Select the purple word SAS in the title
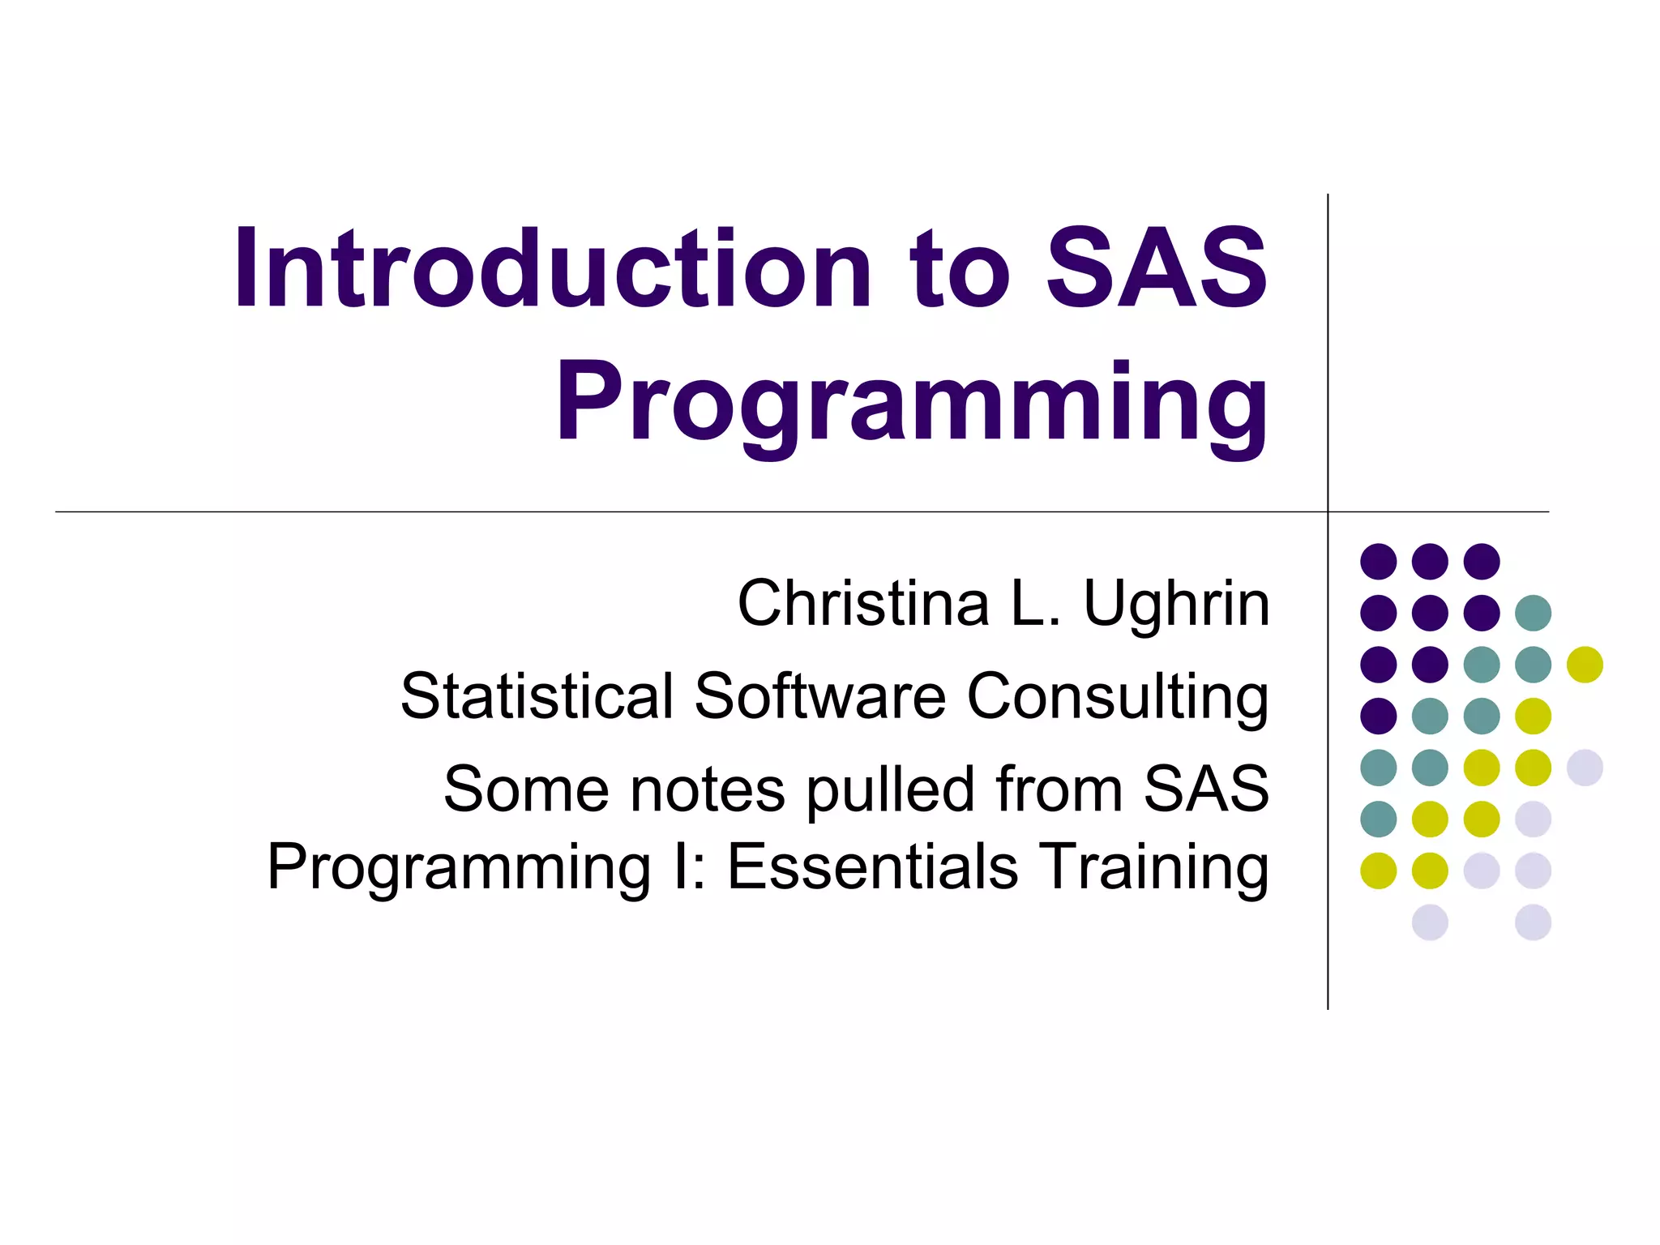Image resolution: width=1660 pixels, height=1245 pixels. (1157, 269)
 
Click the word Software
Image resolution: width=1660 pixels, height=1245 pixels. (819, 695)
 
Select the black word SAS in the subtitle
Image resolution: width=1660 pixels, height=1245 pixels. (1205, 789)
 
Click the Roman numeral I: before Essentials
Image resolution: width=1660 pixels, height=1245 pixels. (690, 866)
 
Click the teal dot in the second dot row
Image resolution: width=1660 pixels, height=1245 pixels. (1533, 613)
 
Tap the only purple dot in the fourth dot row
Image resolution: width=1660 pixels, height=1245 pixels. (1379, 716)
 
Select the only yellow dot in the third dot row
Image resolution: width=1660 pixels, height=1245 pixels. (1585, 665)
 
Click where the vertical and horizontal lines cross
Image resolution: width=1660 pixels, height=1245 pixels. (1328, 511)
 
